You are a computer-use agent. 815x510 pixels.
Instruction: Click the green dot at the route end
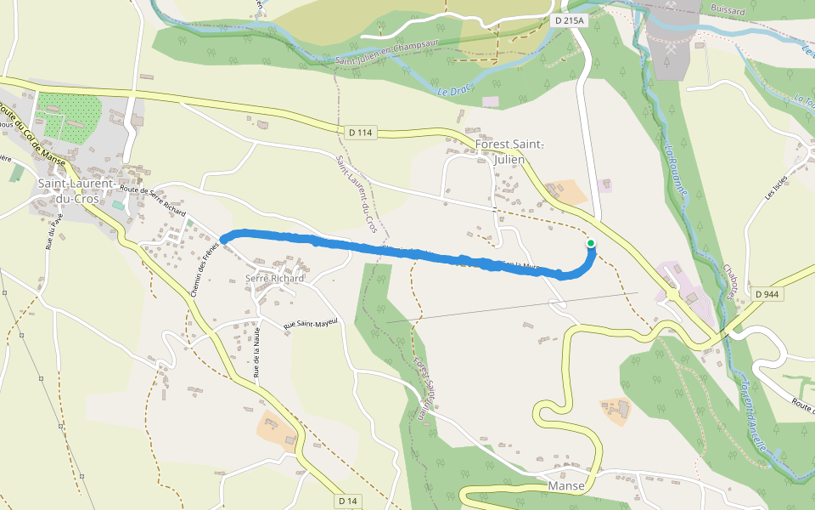tap(591, 244)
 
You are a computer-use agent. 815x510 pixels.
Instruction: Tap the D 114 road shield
tap(361, 132)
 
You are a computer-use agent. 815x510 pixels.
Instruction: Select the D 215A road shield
tap(570, 20)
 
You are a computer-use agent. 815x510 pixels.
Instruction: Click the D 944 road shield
tap(767, 294)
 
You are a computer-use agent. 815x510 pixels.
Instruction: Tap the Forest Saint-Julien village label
tap(510, 151)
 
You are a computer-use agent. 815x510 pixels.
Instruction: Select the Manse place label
tap(566, 486)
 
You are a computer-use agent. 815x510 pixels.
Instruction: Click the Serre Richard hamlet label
tap(274, 278)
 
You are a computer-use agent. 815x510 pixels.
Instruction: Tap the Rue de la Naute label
tap(256, 350)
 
